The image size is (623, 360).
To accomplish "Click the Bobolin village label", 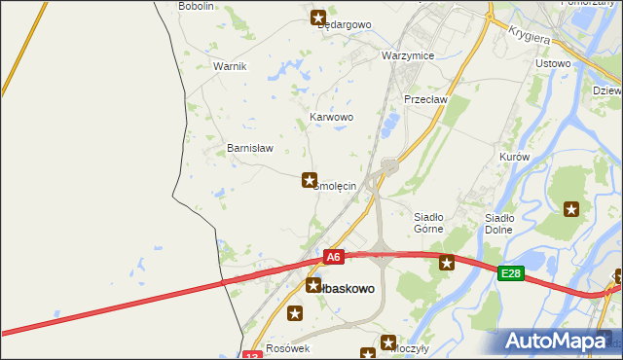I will click(196, 6).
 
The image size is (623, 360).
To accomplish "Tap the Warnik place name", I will click(231, 66).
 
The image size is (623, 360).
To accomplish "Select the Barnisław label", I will click(250, 148).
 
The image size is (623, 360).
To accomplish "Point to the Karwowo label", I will click(331, 117).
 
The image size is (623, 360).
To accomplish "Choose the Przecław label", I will click(424, 99).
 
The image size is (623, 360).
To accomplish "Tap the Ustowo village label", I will click(553, 63).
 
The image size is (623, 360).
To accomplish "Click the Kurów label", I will click(513, 157).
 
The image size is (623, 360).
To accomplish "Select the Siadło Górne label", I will click(428, 223).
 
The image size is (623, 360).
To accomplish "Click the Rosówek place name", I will click(287, 348).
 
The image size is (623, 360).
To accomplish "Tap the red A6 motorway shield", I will click(334, 257).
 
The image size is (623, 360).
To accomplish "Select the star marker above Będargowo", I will click(318, 17).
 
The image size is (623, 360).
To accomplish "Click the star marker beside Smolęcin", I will click(310, 180).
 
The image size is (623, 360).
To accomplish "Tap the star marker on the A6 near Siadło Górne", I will click(447, 262).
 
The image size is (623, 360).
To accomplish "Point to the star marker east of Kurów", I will click(571, 208).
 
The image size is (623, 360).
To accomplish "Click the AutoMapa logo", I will click(560, 341).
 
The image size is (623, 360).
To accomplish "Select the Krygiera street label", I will click(531, 35).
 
